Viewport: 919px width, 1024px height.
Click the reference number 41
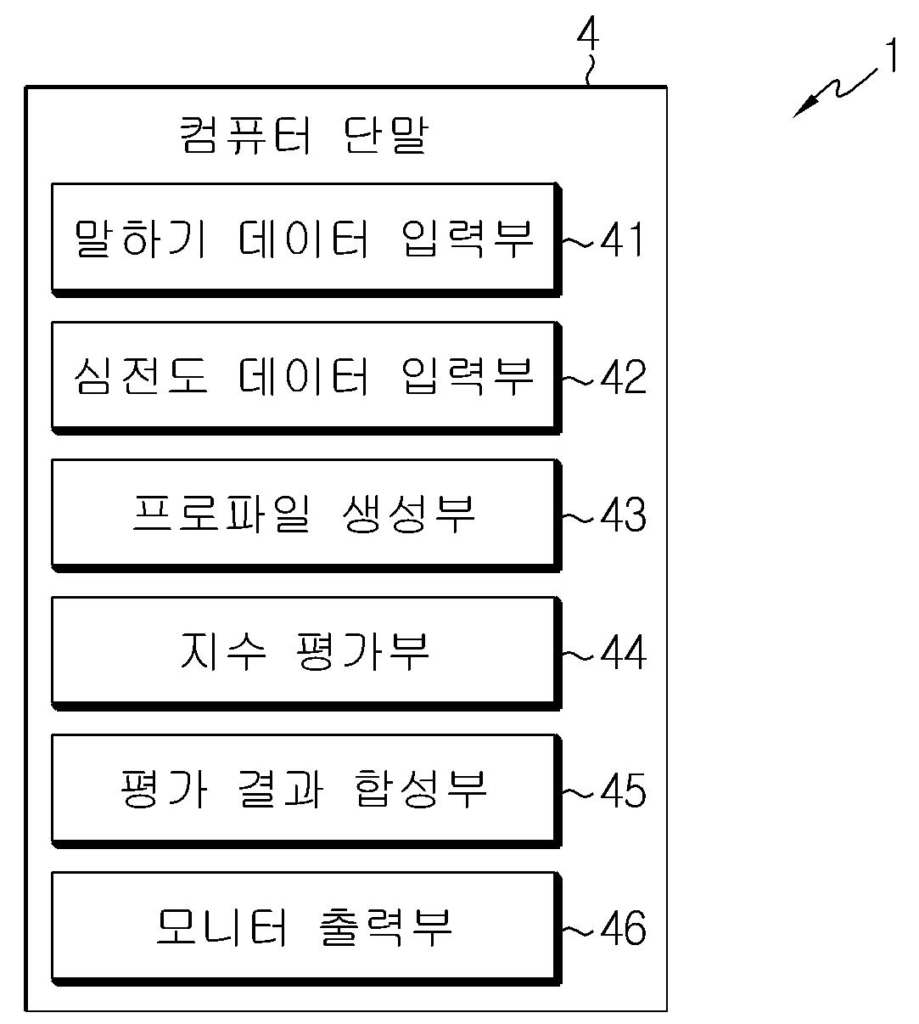(x=623, y=240)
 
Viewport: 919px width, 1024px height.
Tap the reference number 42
(x=624, y=377)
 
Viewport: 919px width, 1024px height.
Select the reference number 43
(x=624, y=515)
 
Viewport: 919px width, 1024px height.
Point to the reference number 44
(x=624, y=653)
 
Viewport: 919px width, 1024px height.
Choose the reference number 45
(x=624, y=791)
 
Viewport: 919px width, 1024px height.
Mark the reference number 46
(x=624, y=928)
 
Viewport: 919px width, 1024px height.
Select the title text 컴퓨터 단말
(x=305, y=135)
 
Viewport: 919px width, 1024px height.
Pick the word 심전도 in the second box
(x=140, y=376)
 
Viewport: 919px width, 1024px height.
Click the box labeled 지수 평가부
(x=305, y=652)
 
